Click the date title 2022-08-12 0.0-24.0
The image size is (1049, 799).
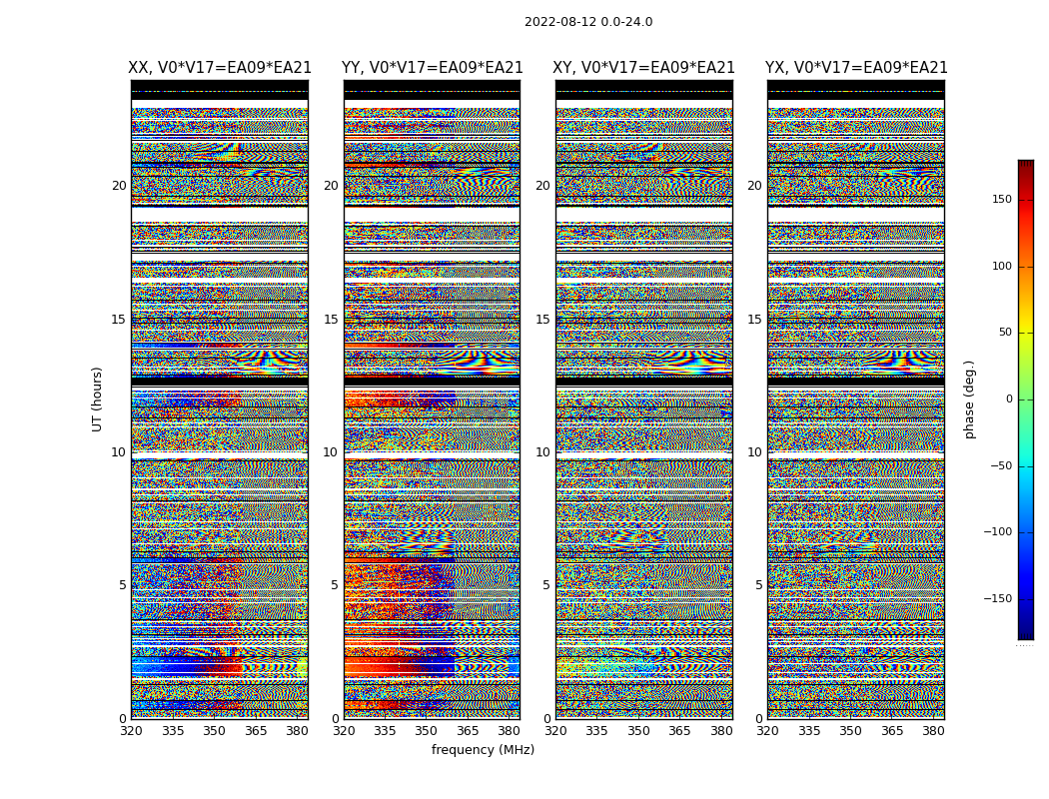tap(588, 22)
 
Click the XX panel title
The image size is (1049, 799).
tap(220, 68)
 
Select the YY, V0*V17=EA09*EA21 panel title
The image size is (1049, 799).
tap(432, 68)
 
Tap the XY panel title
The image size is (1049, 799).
tap(644, 68)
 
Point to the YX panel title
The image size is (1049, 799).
tap(856, 68)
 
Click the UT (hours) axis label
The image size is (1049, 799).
tap(98, 399)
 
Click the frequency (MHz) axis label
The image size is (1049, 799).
tap(483, 750)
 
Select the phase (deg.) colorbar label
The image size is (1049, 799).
tap(970, 399)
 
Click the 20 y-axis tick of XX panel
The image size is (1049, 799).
tap(119, 186)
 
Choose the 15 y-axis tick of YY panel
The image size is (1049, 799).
tap(331, 320)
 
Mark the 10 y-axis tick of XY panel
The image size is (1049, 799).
tap(542, 452)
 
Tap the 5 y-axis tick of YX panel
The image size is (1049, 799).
tap(758, 585)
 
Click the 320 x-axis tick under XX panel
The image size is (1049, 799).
tap(131, 731)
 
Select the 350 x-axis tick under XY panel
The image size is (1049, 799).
tap(638, 731)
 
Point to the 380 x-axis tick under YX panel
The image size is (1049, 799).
tap(933, 731)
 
